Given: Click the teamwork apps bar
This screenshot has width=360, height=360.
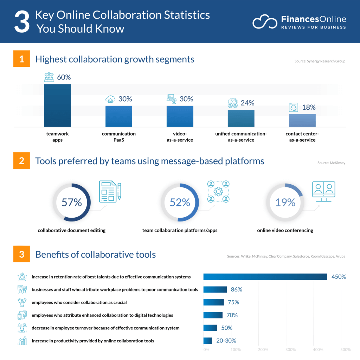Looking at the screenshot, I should [57, 105].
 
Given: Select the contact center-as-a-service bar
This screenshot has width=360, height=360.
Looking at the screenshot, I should [302, 120].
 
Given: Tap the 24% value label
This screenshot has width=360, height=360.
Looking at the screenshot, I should [247, 103].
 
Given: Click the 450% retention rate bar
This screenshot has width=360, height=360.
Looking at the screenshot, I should [265, 277].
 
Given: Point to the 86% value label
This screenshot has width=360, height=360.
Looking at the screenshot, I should [237, 290].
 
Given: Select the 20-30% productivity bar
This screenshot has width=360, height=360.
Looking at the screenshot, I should [208, 341].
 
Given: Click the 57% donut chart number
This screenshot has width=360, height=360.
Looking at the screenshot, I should [71, 202].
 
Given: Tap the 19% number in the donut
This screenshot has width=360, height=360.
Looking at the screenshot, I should [285, 202].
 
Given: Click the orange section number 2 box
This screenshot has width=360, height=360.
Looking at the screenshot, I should [22, 161].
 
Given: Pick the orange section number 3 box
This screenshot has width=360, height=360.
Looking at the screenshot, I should [22, 255].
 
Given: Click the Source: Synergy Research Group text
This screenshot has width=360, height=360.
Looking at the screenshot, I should [320, 61].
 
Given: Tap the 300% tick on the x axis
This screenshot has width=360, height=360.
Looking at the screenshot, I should [290, 350].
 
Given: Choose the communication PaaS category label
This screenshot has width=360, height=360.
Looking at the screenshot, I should [119, 137].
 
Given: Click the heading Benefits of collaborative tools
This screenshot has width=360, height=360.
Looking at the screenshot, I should [95, 255].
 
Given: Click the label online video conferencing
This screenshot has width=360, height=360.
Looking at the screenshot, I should [285, 231].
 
